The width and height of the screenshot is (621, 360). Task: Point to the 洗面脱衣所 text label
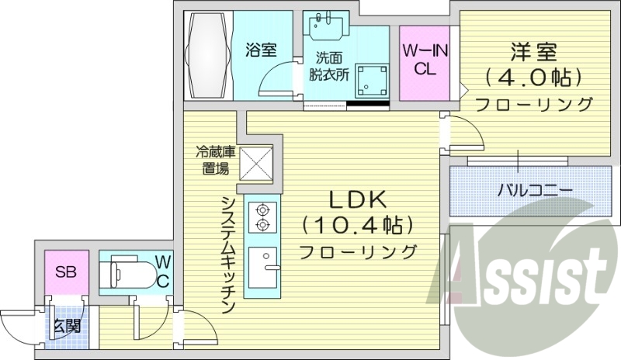point(331,67)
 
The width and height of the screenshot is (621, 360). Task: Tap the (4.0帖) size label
point(533,78)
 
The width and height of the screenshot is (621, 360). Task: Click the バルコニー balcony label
point(535,189)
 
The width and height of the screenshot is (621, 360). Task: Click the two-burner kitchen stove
point(262,216)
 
